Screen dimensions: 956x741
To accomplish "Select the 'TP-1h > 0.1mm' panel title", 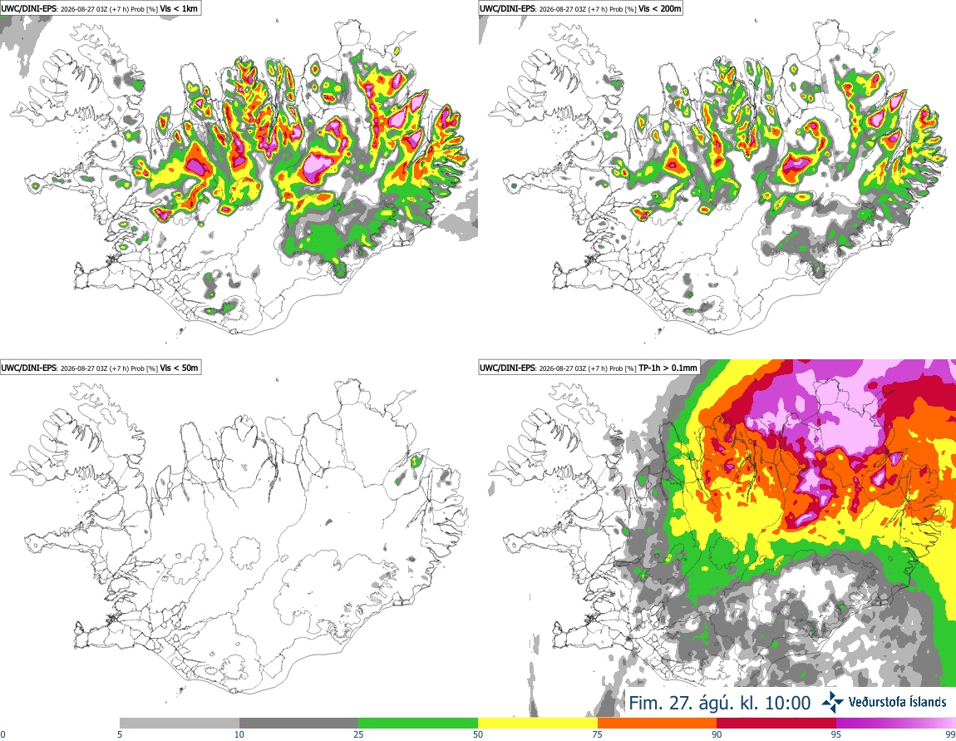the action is (x=668, y=368).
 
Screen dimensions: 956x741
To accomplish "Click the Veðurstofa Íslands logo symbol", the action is (x=832, y=702).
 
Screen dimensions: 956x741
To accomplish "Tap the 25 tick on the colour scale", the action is (x=358, y=734).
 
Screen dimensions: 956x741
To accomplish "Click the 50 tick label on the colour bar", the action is (x=478, y=734).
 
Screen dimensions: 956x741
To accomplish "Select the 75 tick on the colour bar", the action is (x=598, y=734).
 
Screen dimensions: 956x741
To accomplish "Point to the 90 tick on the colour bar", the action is (x=717, y=734).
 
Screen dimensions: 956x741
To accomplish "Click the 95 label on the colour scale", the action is (x=836, y=734).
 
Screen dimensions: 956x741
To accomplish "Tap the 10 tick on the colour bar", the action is (x=239, y=734).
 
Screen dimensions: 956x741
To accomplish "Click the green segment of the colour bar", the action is (x=418, y=724).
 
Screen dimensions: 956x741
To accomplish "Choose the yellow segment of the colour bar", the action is (x=538, y=724).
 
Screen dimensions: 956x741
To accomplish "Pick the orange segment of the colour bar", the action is (x=658, y=724).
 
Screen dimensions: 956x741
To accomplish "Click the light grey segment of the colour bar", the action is (x=180, y=724).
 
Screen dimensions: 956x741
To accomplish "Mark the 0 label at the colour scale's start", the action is (x=2, y=734).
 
